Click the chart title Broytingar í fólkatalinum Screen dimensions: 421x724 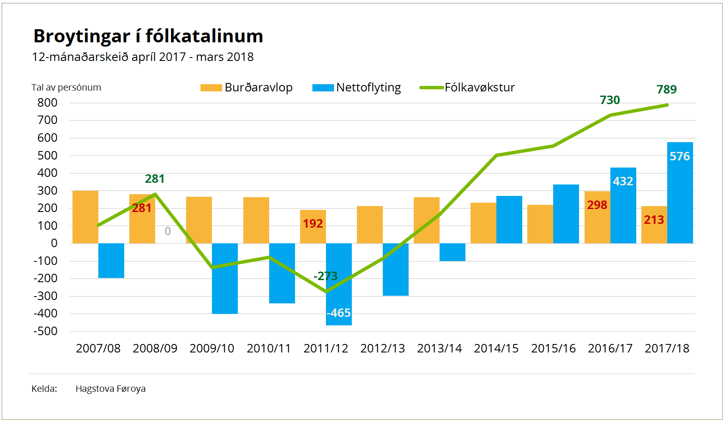pyautogui.click(x=148, y=36)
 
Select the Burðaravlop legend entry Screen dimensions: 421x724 pyautogui.click(x=247, y=88)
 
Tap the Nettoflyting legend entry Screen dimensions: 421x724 pyautogui.click(x=357, y=88)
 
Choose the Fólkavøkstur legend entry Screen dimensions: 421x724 pyautogui.click(x=467, y=88)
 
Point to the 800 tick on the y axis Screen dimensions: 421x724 pyautogui.click(x=47, y=103)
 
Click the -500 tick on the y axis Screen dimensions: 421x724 pyautogui.click(x=45, y=331)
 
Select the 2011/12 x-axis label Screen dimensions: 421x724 pyautogui.click(x=326, y=349)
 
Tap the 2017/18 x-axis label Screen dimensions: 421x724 pyautogui.click(x=667, y=349)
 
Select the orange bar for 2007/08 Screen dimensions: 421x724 pyautogui.click(x=85, y=217)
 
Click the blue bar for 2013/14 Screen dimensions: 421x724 pyautogui.click(x=452, y=252)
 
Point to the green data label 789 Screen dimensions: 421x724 pyautogui.click(x=666, y=90)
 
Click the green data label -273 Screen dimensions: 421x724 pyautogui.click(x=325, y=276)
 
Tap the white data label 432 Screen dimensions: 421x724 pyautogui.click(x=623, y=182)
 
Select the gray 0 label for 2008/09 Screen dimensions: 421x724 pyautogui.click(x=168, y=231)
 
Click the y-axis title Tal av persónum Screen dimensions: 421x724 pyautogui.click(x=66, y=88)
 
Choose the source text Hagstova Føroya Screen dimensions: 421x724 pyautogui.click(x=110, y=389)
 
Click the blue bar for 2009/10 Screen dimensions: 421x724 pyautogui.click(x=225, y=278)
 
